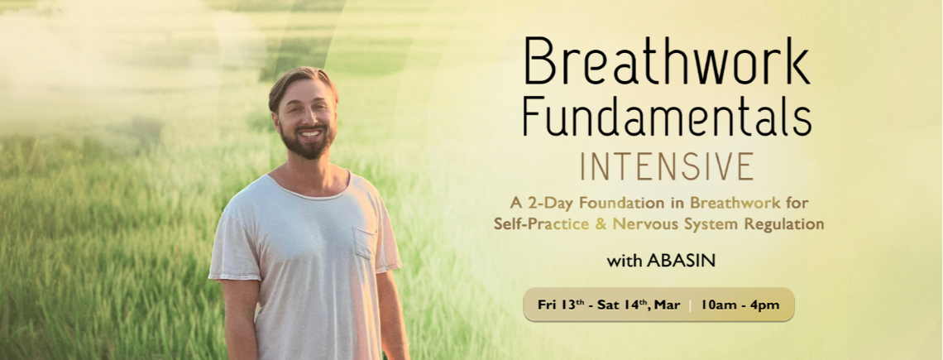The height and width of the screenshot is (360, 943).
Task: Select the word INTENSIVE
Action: tap(667, 166)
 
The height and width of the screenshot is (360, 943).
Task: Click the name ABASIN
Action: tap(681, 262)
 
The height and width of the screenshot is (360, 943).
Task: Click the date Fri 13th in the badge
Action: tap(561, 305)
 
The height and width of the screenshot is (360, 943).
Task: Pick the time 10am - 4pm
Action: tap(740, 305)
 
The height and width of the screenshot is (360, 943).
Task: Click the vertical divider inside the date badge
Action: tap(691, 305)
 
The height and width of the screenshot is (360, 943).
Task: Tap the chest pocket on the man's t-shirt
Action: tap(365, 242)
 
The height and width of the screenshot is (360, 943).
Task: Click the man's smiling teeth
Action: tap(309, 132)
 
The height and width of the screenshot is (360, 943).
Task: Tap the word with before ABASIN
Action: tap(625, 262)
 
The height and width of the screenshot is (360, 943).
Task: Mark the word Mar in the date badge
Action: tap(669, 305)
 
